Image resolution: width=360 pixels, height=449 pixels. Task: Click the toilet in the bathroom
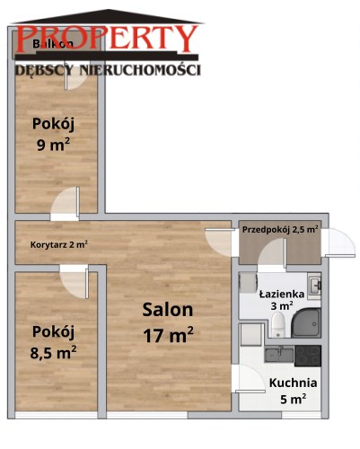[x=278, y=324]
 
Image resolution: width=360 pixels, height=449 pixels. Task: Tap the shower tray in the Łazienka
[x=306, y=322]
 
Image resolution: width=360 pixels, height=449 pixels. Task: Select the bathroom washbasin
[x=315, y=286]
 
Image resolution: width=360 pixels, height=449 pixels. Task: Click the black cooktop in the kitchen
[x=308, y=356]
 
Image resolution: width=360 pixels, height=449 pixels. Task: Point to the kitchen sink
[x=279, y=355]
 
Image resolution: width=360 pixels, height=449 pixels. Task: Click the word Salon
[x=168, y=310]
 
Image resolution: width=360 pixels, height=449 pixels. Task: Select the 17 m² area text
[x=168, y=335]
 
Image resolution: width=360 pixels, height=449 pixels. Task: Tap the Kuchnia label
[x=293, y=383]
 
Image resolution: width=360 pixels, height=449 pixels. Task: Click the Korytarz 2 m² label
[x=59, y=244]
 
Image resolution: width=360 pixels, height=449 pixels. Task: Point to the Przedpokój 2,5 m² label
[x=280, y=230]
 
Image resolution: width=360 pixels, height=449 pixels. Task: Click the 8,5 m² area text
[x=53, y=352]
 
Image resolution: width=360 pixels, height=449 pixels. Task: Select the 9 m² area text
[x=53, y=145]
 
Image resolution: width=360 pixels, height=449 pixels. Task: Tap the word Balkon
[x=53, y=44]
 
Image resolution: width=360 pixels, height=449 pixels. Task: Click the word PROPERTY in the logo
[x=108, y=38]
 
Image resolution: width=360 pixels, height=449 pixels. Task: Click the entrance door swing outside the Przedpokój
[x=340, y=242]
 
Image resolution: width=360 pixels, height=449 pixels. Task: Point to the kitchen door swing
[x=250, y=379]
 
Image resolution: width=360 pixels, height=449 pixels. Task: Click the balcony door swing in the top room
[x=76, y=78]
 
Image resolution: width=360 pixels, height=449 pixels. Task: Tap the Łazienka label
[x=282, y=294]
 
